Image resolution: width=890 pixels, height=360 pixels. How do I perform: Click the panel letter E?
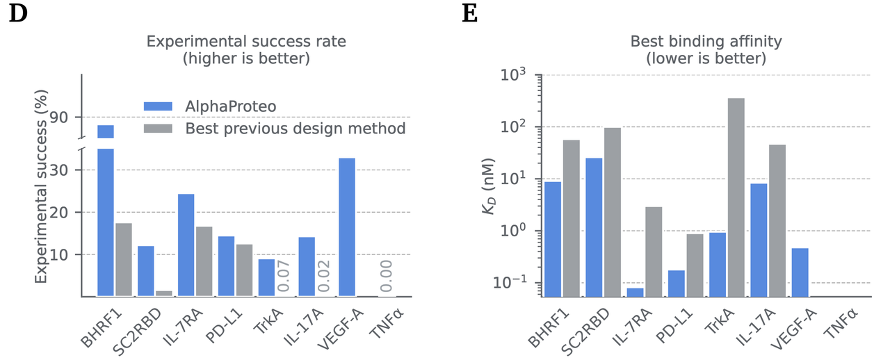470,14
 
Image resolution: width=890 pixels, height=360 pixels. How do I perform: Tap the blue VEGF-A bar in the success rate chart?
348,227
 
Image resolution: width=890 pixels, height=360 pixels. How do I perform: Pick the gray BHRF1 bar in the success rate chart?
124,259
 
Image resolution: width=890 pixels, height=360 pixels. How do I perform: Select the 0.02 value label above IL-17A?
325,277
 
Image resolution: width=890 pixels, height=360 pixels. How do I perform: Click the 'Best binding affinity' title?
706,42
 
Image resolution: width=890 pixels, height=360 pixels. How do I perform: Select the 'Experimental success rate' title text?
246,42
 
